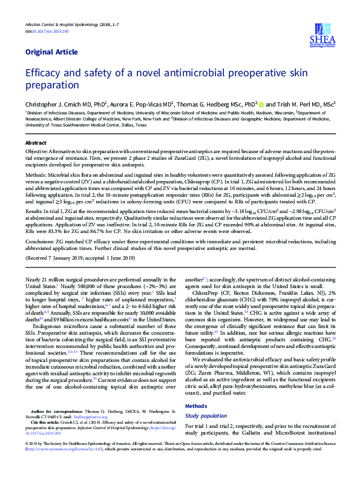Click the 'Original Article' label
(48, 52)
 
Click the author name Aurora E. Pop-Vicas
(143, 104)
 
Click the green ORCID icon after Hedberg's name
(261, 104)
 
